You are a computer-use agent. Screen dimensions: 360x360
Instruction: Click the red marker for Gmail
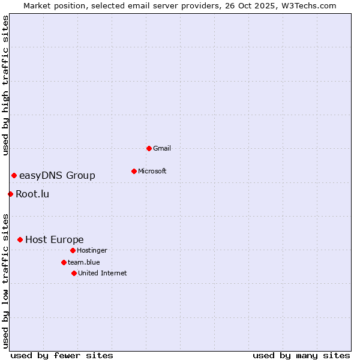[x=149, y=148]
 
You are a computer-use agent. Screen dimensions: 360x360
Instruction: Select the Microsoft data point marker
[x=134, y=171]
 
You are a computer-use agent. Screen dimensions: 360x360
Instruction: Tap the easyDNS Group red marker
[x=14, y=175]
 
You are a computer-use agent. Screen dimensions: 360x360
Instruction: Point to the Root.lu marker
[x=10, y=194]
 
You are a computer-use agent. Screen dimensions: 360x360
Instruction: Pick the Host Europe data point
[x=20, y=239]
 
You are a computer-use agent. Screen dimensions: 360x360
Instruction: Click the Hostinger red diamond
[x=73, y=250]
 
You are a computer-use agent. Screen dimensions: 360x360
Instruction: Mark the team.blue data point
[x=64, y=262]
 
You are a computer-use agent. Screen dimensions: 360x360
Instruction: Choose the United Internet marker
[x=74, y=273]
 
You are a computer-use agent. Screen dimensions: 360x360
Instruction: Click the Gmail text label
[x=162, y=148]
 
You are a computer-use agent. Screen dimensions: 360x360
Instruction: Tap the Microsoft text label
[x=152, y=171]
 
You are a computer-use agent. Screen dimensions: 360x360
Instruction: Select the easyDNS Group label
[x=57, y=175]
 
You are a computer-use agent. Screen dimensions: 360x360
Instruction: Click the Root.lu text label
[x=32, y=194]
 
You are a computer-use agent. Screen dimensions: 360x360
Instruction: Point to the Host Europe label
[x=55, y=239]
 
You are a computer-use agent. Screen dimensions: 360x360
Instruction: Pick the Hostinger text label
[x=92, y=250]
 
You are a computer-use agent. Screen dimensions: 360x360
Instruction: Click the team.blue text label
[x=84, y=262]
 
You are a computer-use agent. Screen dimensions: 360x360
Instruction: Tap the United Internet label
[x=103, y=273]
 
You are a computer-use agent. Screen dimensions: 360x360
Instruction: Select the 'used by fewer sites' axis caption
[x=62, y=355]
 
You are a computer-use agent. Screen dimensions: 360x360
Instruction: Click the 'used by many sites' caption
[x=301, y=355]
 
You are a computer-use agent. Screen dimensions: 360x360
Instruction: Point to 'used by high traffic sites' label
[x=5, y=85]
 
